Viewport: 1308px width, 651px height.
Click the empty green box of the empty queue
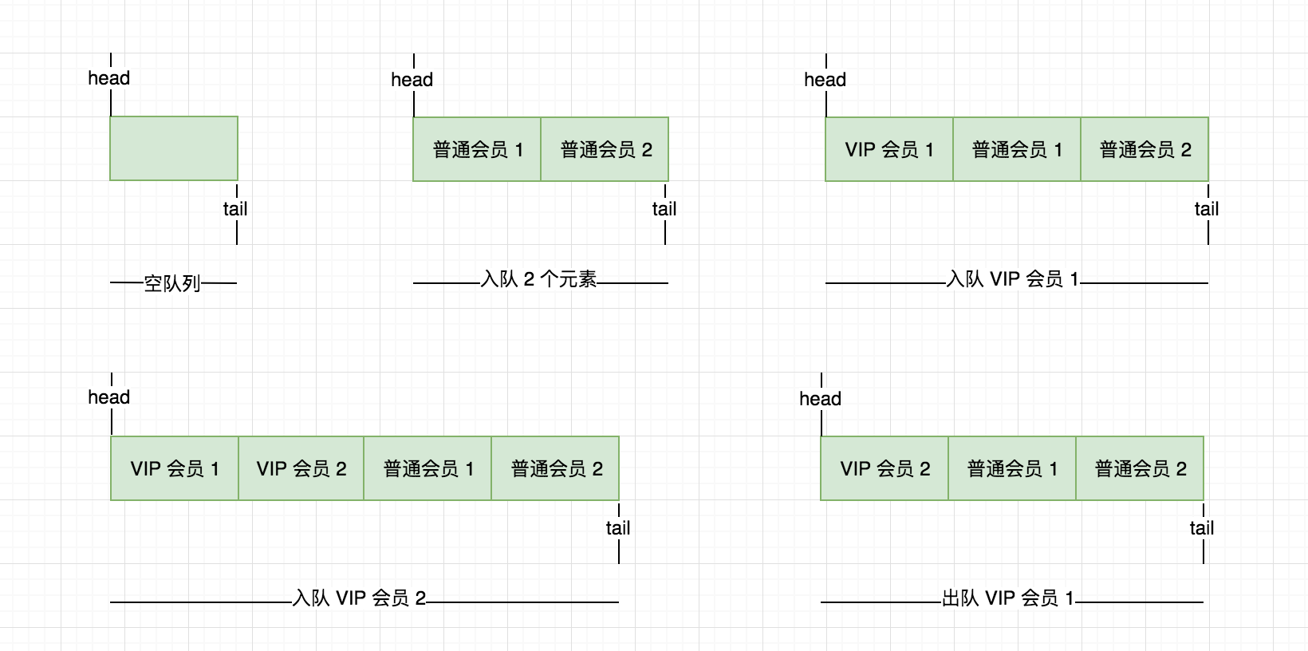pyautogui.click(x=174, y=148)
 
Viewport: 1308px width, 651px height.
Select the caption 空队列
pyautogui.click(x=172, y=283)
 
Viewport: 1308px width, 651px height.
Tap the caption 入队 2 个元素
pyautogui.click(x=539, y=279)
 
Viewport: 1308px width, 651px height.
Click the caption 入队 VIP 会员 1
pyautogui.click(x=1012, y=279)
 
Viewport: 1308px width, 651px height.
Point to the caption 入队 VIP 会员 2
pyautogui.click(x=360, y=598)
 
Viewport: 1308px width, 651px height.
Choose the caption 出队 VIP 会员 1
pyautogui.click(x=1008, y=598)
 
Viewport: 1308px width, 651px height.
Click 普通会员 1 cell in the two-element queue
pyautogui.click(x=477, y=149)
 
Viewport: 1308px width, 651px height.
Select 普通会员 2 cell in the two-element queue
pyautogui.click(x=605, y=149)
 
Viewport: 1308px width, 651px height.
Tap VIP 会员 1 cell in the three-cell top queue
pyautogui.click(x=889, y=149)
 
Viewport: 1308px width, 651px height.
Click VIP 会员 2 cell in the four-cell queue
pyautogui.click(x=301, y=468)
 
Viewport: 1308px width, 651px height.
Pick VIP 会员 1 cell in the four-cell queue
pyautogui.click(x=175, y=468)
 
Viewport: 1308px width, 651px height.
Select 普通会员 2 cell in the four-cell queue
pyautogui.click(x=556, y=468)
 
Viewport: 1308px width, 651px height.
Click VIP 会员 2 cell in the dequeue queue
pyautogui.click(x=884, y=468)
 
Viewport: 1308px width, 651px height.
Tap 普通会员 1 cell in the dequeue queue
pyautogui.click(x=1012, y=468)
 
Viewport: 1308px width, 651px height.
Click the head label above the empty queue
pyautogui.click(x=109, y=78)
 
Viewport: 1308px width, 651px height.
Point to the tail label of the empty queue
pyautogui.click(x=235, y=209)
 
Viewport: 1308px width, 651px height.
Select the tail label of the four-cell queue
pyautogui.click(x=618, y=528)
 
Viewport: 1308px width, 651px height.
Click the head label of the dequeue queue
pyautogui.click(x=821, y=399)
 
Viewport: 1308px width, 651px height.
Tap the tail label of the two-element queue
pyautogui.click(x=664, y=209)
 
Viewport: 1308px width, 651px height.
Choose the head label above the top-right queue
pyautogui.click(x=825, y=80)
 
